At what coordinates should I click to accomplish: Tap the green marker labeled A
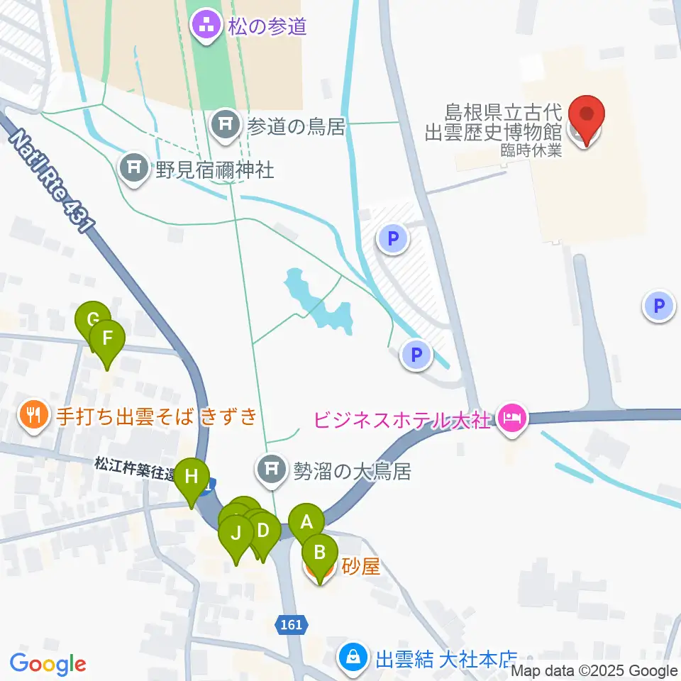[x=306, y=522]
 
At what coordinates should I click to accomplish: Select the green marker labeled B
[x=320, y=551]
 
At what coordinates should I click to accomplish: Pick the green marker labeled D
[x=263, y=530]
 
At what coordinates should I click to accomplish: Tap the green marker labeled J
[x=236, y=533]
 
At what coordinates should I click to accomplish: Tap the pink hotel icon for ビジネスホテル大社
[x=511, y=418]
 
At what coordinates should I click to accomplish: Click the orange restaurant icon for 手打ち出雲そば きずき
[x=34, y=414]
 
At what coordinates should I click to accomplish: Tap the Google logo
[x=48, y=664]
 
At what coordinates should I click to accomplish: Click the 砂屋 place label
[x=362, y=567]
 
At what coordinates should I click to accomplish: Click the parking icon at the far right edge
[x=659, y=306]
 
